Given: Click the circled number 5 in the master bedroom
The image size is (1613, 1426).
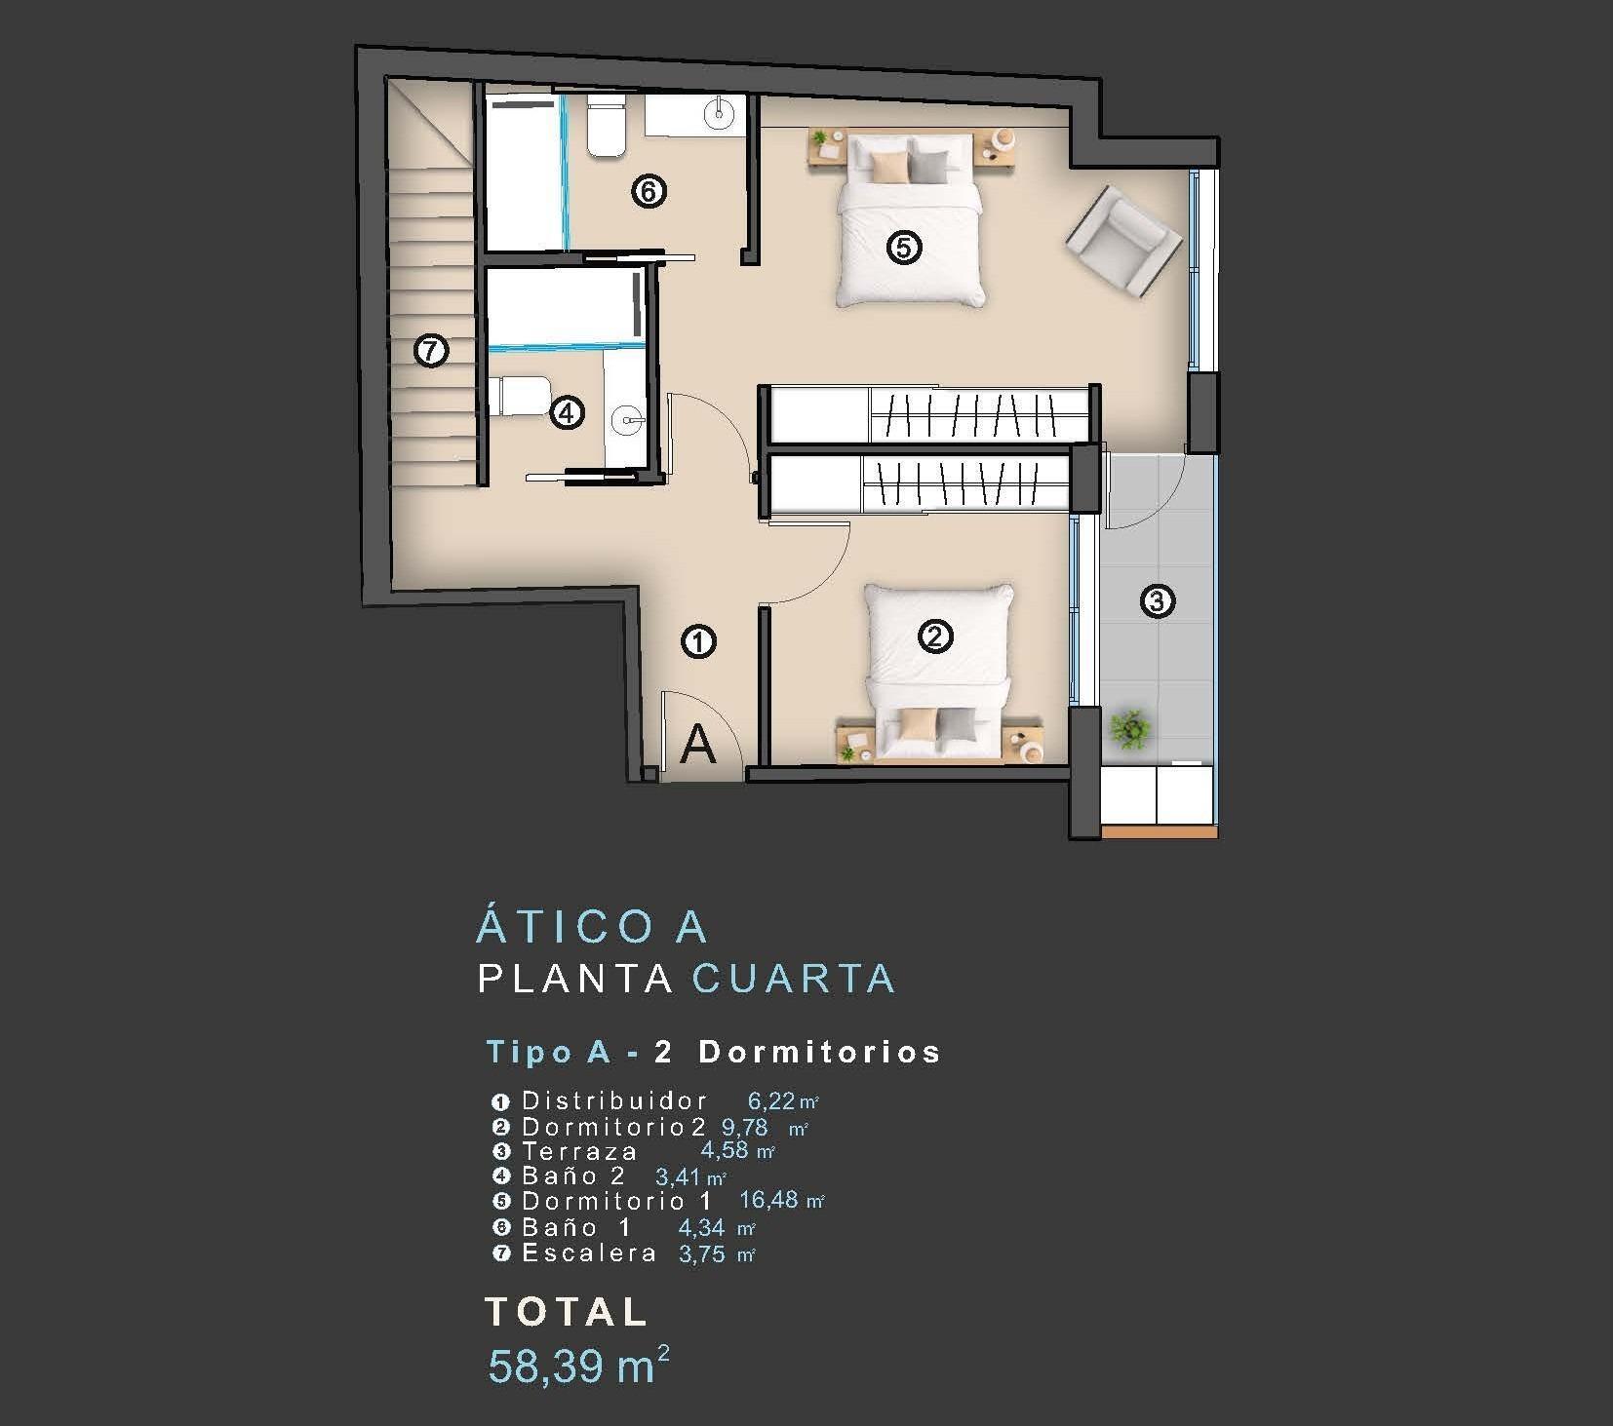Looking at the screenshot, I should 903,248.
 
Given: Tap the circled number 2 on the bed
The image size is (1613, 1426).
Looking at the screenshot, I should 935,636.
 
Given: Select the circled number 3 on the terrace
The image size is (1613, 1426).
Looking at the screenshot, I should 1157,600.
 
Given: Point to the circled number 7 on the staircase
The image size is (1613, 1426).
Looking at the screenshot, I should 431,350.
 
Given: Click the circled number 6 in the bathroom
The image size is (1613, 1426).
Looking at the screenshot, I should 649,191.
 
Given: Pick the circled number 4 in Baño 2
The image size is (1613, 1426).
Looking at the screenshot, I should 567,412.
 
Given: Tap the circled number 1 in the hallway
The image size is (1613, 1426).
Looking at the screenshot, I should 699,641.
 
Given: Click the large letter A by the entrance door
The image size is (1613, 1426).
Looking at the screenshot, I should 697,745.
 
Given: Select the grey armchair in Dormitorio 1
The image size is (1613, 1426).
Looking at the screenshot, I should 1123,241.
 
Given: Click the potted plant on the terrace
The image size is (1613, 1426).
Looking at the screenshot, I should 1130,727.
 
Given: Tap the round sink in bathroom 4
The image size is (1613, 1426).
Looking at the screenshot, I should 626,421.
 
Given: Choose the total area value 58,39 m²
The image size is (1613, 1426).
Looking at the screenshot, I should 578,1365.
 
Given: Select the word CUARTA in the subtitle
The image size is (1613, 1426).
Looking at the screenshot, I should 793,979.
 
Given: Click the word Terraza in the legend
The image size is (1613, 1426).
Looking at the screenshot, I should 579,1151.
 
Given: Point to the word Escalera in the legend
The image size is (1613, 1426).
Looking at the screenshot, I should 589,1253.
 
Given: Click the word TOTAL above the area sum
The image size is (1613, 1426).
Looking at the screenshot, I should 567,1312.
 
